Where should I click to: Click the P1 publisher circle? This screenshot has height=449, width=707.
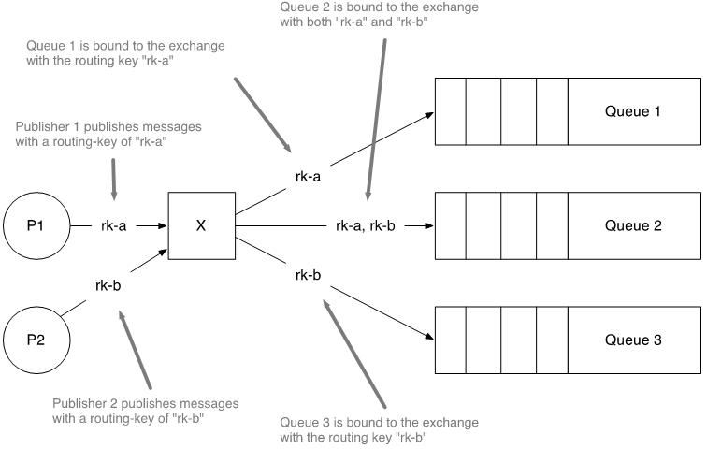tap(36, 225)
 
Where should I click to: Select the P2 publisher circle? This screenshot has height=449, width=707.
tap(36, 340)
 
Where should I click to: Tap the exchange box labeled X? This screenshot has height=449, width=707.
tap(200, 225)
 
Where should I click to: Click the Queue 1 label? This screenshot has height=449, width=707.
tap(633, 112)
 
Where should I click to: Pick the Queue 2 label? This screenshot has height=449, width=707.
tap(633, 225)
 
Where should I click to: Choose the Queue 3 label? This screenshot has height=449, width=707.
tap(633, 340)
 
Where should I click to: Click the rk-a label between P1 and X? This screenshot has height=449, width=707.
tap(113, 225)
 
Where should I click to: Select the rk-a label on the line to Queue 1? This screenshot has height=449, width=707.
tap(309, 176)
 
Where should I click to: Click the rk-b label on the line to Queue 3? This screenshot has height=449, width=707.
tap(309, 275)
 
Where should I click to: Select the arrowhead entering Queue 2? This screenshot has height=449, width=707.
tap(428, 225)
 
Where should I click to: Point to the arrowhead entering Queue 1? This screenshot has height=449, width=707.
tap(428, 115)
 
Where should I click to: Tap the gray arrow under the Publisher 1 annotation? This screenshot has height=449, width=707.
tap(113, 178)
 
